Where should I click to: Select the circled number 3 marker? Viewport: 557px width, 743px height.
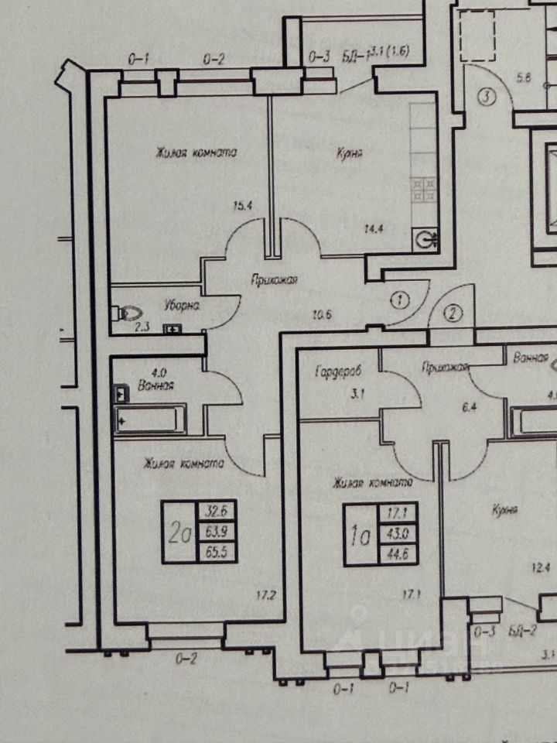click(x=485, y=98)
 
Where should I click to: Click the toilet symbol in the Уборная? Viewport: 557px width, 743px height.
click(x=128, y=313)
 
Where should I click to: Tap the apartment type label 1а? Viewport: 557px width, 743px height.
click(x=360, y=534)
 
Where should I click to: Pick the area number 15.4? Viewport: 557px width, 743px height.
click(x=244, y=206)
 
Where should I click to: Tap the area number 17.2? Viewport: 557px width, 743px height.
click(x=266, y=596)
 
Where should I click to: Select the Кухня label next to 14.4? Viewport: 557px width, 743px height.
click(x=350, y=153)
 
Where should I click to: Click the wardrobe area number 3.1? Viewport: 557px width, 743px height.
click(x=357, y=394)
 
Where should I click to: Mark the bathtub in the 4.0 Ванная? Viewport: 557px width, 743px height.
click(x=150, y=421)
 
